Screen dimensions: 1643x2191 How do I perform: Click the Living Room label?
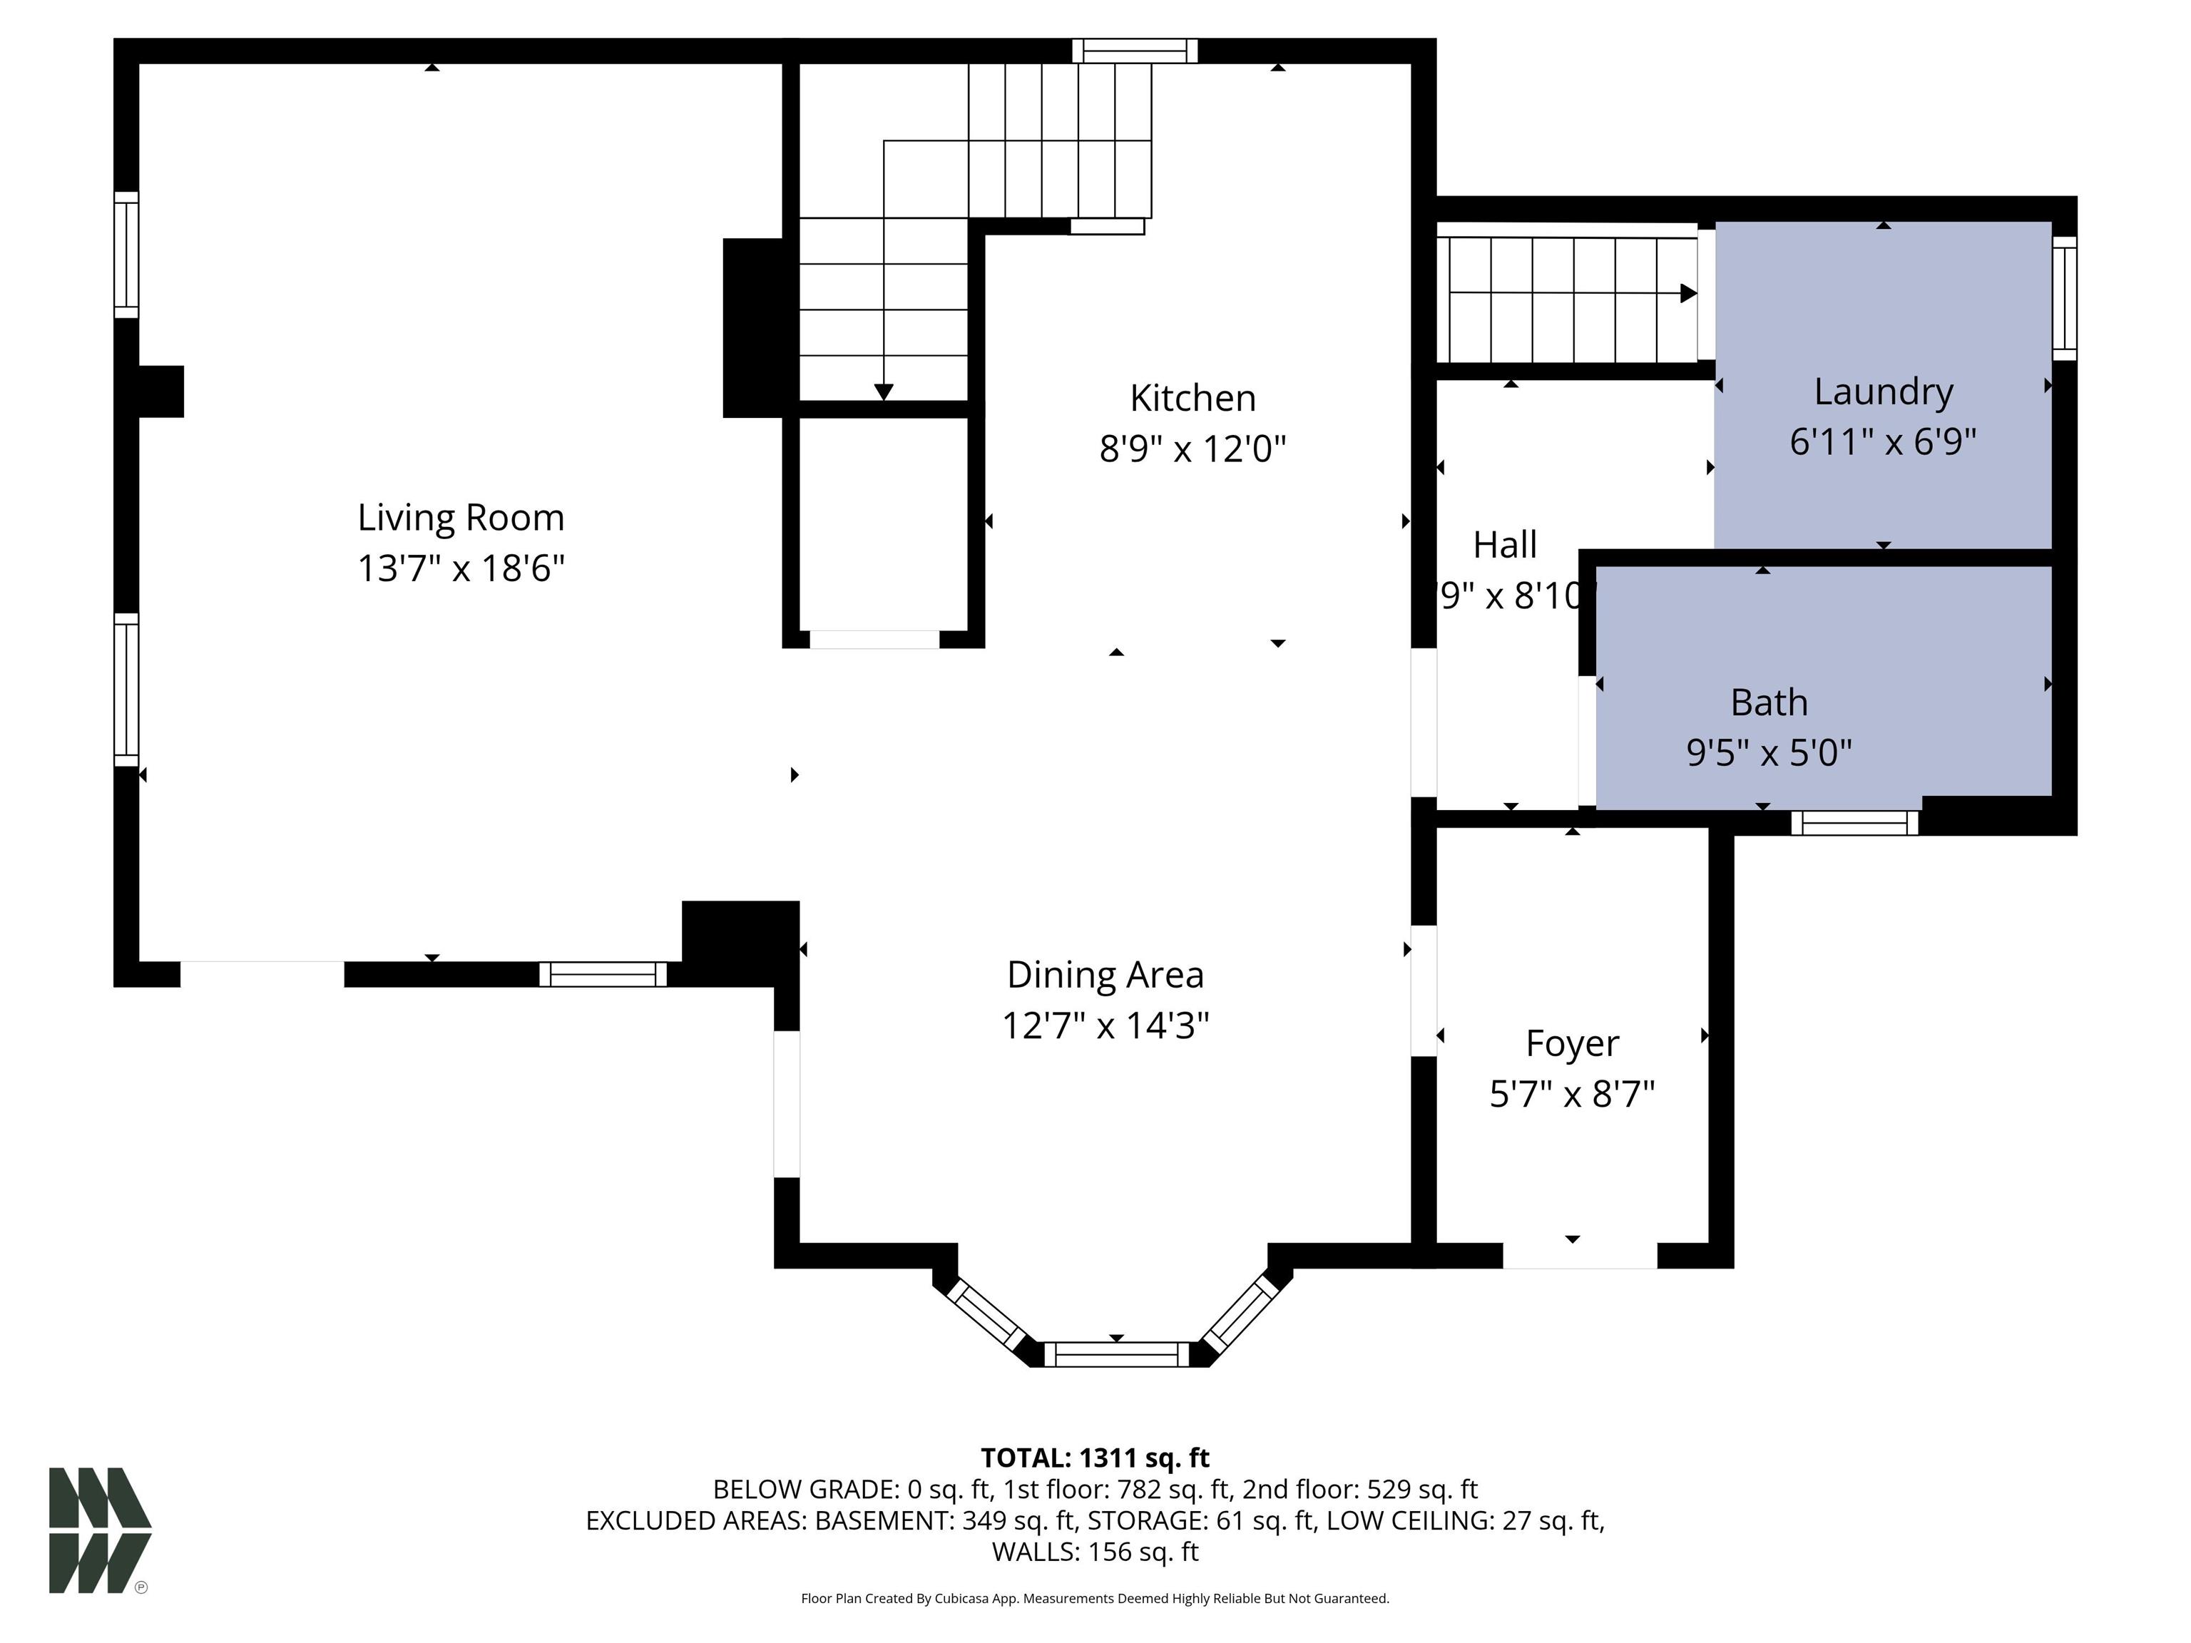[x=461, y=517]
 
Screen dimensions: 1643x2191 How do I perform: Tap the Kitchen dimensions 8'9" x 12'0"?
[x=1192, y=449]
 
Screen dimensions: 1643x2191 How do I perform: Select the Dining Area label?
[x=1105, y=975]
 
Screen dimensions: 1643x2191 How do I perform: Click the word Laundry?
[x=1883, y=391]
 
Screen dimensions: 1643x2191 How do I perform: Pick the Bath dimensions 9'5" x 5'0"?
[x=1769, y=752]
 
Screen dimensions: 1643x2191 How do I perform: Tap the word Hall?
[x=1505, y=545]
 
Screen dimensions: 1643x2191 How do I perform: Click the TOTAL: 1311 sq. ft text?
[x=1095, y=1458]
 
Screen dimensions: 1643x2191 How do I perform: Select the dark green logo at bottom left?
[x=99, y=1530]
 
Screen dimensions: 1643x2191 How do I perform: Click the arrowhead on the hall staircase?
[x=1687, y=293]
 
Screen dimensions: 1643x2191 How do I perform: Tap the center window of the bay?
[x=1116, y=1353]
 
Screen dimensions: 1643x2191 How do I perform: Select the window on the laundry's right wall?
[x=2064, y=298]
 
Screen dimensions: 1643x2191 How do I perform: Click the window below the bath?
[x=1854, y=823]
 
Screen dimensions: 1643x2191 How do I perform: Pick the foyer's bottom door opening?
[x=1579, y=1256]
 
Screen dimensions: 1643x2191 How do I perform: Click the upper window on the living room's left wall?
[x=126, y=255]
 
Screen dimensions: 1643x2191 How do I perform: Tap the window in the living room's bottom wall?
[x=602, y=975]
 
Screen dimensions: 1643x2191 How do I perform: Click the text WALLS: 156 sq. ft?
[x=1095, y=1552]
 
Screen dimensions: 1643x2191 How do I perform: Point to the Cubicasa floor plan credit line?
[x=1095, y=1599]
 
